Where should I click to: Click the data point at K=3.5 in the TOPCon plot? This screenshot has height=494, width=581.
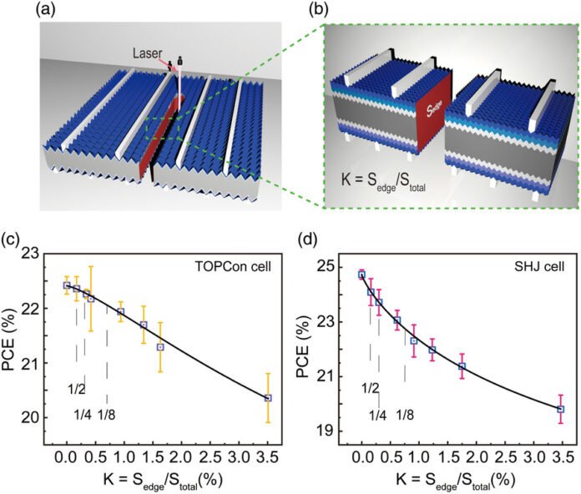pyautogui.click(x=268, y=398)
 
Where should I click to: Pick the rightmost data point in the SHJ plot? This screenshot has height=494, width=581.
pyautogui.click(x=560, y=409)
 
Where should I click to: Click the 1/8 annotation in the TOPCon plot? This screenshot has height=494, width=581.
pyautogui.click(x=106, y=413)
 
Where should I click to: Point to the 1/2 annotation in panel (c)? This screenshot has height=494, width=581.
pyautogui.click(x=76, y=389)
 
